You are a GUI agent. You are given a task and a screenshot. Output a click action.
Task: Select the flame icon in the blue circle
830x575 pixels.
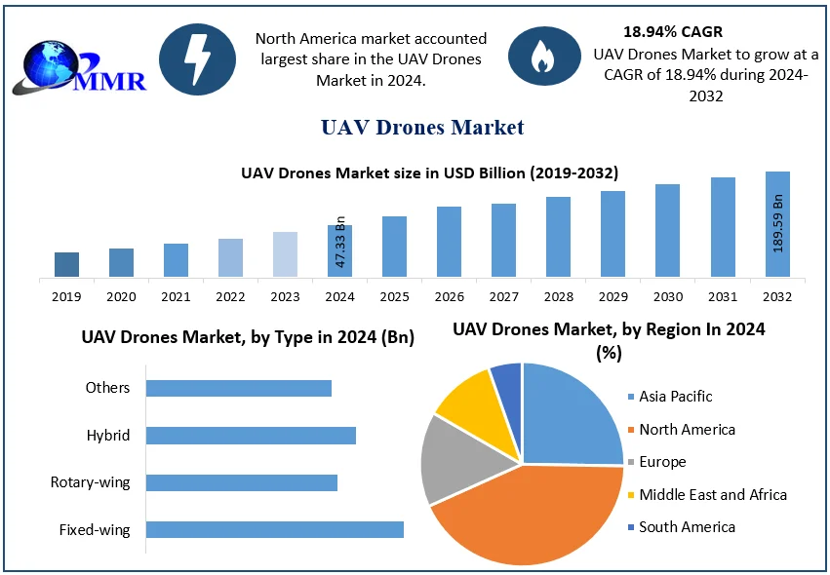[x=541, y=58]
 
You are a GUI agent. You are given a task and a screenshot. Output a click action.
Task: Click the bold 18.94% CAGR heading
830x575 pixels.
[x=672, y=32]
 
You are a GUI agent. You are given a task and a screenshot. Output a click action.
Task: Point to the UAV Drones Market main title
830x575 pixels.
[x=421, y=127]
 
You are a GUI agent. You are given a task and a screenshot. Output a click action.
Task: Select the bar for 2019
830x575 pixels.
[x=66, y=264]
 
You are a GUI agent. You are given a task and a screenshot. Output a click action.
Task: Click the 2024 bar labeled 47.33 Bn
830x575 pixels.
[x=340, y=250]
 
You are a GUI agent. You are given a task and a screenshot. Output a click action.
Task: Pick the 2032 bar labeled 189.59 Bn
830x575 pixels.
[x=777, y=224]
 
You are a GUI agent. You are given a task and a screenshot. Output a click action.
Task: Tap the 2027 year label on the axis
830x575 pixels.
[x=503, y=296]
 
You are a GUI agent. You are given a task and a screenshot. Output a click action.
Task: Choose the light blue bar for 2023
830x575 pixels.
[x=285, y=253]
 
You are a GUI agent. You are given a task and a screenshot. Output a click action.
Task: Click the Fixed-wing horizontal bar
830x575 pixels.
[x=274, y=529]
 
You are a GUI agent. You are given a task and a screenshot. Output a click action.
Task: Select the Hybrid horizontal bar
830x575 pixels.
[x=251, y=435]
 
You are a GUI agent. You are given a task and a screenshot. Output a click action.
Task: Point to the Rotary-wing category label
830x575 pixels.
[x=90, y=482]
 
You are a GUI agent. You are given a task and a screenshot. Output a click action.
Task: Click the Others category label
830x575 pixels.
[x=107, y=388]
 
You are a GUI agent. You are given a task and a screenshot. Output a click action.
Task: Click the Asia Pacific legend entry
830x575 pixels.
[x=675, y=397]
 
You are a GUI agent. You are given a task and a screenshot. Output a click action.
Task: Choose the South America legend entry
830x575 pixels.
[x=687, y=527]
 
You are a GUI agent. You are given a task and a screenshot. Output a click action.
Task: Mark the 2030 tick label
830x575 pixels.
[x=667, y=296]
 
